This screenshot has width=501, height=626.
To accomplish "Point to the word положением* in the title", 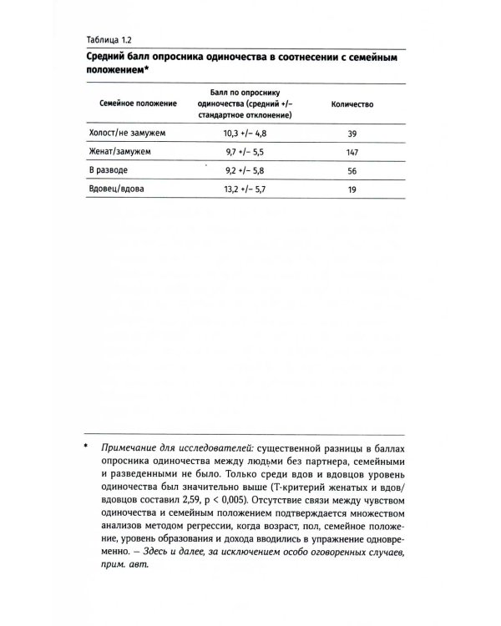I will tap(121, 71).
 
